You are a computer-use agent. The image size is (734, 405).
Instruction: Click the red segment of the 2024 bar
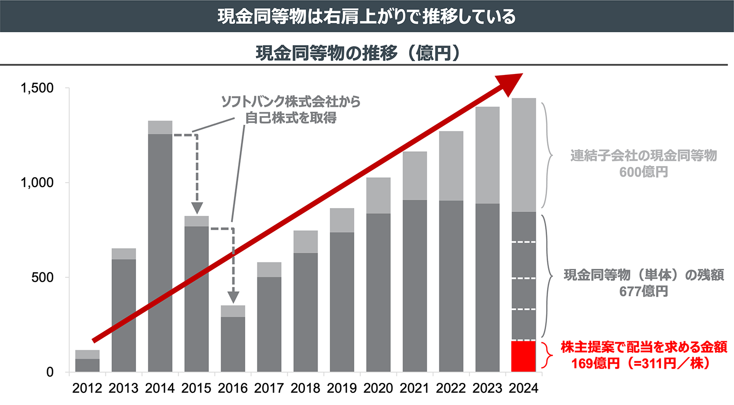tap(524, 356)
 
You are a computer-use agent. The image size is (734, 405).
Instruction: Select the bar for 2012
tap(87, 361)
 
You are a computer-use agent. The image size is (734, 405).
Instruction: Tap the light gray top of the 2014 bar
tap(160, 127)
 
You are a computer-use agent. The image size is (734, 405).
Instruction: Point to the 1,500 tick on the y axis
tap(37, 88)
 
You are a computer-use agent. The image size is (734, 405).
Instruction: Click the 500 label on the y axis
tap(43, 277)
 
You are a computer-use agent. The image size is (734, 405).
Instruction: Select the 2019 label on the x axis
tap(342, 388)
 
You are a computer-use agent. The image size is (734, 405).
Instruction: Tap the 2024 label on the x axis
tap(524, 388)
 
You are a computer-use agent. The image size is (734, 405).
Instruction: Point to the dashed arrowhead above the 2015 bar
tap(197, 208)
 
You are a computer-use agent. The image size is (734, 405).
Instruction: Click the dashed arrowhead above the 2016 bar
tap(233, 297)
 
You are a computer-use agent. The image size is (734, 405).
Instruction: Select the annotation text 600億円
tap(643, 172)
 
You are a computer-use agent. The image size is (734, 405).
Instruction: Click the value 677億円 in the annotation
tap(643, 292)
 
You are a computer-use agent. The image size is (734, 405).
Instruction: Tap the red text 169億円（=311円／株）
tap(641, 364)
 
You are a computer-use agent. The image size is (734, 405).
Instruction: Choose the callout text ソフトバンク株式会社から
tap(291, 101)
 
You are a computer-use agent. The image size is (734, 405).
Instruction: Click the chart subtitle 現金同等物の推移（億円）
tap(358, 53)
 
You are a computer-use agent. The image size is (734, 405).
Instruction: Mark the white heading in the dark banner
tap(367, 17)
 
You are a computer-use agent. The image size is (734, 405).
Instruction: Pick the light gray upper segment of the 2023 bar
tap(487, 155)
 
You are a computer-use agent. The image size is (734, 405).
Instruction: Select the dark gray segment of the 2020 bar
tap(378, 292)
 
